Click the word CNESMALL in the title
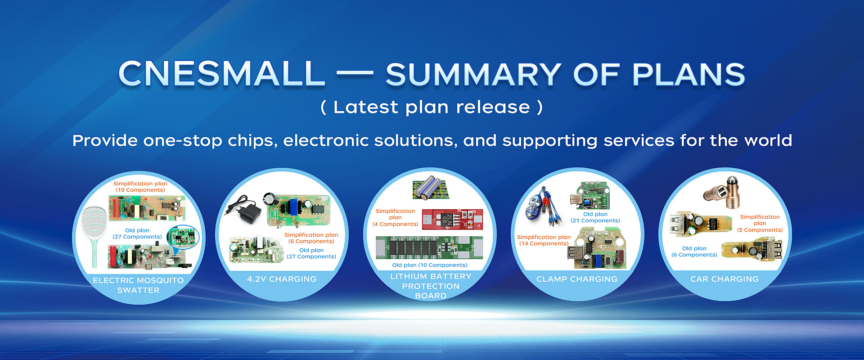(x=221, y=73)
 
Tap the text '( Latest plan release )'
(x=432, y=107)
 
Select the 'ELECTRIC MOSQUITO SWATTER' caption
(x=138, y=285)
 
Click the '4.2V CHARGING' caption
(x=282, y=279)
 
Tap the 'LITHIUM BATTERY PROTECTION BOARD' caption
(x=431, y=286)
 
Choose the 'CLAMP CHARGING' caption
(x=577, y=279)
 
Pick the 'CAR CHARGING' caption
(x=724, y=279)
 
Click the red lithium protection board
(x=452, y=219)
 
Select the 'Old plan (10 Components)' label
(x=430, y=265)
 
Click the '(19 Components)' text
(x=140, y=190)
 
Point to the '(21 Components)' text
(x=595, y=220)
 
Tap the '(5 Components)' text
(x=760, y=230)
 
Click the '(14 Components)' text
(x=544, y=243)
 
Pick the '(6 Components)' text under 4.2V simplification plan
(x=311, y=241)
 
